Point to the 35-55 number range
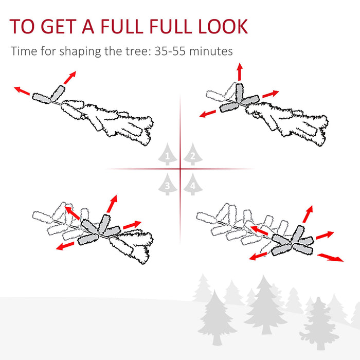coord(170,51)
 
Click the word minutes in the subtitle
coord(213,51)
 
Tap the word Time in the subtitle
coord(23,51)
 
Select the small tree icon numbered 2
coord(192,154)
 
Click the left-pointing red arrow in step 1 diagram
coord(22,91)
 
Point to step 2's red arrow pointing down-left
coord(208,113)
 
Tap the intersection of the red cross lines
coord(180,169)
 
